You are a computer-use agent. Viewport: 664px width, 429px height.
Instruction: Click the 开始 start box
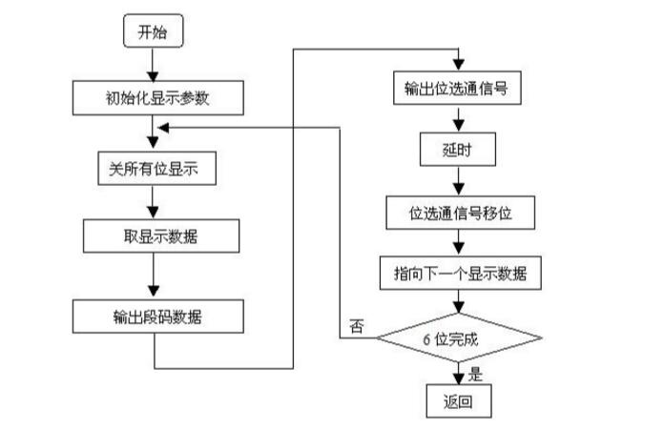pyautogui.click(x=154, y=31)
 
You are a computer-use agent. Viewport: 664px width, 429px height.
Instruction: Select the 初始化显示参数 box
pyautogui.click(x=158, y=98)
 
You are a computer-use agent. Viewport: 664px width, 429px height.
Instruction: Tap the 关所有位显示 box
pyautogui.click(x=156, y=169)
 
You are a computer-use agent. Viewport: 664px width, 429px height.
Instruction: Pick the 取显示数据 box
pyautogui.click(x=161, y=235)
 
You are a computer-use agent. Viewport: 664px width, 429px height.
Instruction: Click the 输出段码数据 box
pyautogui.click(x=158, y=317)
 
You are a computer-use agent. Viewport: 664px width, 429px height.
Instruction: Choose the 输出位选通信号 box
pyautogui.click(x=457, y=88)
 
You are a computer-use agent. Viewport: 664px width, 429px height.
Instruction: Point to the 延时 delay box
pyautogui.click(x=457, y=150)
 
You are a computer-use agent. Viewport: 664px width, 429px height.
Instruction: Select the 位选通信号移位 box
pyautogui.click(x=460, y=213)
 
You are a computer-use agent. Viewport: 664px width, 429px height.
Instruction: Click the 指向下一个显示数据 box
pyautogui.click(x=460, y=273)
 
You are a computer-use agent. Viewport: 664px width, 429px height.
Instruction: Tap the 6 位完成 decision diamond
pyautogui.click(x=459, y=337)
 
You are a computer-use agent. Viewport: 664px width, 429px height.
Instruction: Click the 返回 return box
pyautogui.click(x=459, y=401)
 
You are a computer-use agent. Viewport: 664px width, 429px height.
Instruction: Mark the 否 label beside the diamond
pyautogui.click(x=357, y=326)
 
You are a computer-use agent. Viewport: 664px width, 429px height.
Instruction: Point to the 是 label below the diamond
pyautogui.click(x=475, y=374)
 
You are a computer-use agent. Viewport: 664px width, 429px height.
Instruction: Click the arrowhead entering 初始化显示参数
pyautogui.click(x=153, y=76)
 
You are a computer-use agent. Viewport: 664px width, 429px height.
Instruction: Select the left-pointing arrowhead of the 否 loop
pyautogui.click(x=163, y=128)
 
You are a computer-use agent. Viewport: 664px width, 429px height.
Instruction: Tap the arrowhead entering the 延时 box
pyautogui.click(x=459, y=127)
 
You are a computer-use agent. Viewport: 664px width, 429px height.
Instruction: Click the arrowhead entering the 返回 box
pyautogui.click(x=459, y=379)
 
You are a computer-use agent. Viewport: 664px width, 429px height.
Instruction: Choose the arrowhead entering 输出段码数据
pyautogui.click(x=154, y=292)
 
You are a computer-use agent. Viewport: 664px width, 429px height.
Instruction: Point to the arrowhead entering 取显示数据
pyautogui.click(x=153, y=213)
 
